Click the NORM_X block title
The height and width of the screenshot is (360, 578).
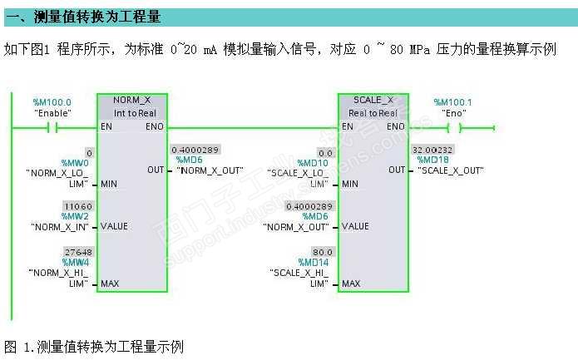point(132,99)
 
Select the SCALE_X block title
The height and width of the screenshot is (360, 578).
point(373,99)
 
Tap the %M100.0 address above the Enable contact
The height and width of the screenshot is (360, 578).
point(52,102)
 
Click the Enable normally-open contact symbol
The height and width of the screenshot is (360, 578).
point(52,127)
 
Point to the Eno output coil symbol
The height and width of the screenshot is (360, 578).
point(454,127)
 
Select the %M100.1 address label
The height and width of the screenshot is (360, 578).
point(453,102)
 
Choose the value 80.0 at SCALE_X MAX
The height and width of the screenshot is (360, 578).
point(321,251)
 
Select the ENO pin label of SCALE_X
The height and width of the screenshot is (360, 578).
point(395,127)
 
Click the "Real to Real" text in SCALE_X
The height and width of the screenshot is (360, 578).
point(373,112)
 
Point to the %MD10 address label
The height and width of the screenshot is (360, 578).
point(316,164)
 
